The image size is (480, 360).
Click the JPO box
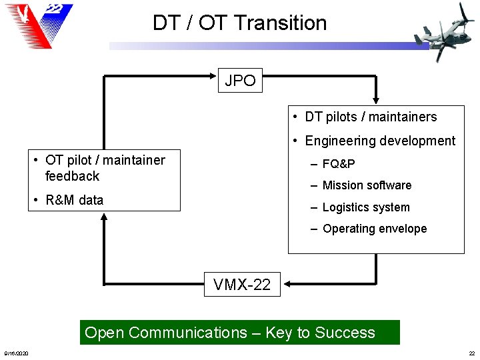pos(240,81)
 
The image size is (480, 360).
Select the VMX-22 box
pos(242,285)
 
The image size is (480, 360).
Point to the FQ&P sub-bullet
pos(338,164)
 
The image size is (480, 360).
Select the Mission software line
pos(367,185)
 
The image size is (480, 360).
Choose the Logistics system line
pos(366,207)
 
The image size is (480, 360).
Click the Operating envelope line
pos(374,229)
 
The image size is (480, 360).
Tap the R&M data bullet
pos(74,200)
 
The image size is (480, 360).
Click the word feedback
pos(72,176)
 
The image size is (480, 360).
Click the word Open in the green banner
pos(105,333)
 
